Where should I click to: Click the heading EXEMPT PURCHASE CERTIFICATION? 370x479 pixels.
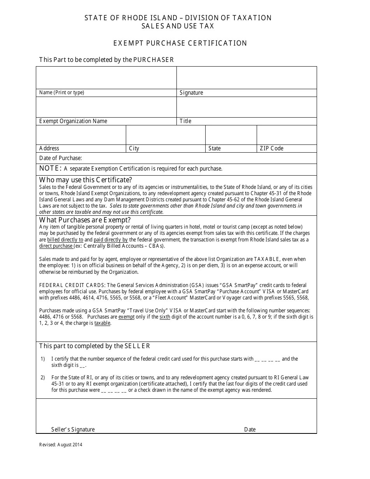[180, 43]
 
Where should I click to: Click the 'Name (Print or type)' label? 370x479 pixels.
[62, 93]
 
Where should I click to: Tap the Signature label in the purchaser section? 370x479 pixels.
[191, 93]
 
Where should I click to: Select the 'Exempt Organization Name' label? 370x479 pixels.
[73, 121]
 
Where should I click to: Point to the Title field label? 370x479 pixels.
[185, 121]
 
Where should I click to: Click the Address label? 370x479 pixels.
[49, 148]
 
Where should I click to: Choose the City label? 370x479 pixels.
[134, 148]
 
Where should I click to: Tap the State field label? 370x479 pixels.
[214, 148]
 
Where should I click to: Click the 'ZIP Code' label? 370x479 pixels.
[271, 148]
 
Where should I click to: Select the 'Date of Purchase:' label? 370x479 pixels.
[60, 158]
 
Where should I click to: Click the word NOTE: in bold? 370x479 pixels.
[50, 168]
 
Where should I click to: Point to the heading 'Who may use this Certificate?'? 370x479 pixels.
[86, 180]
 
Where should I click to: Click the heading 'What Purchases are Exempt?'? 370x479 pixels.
[85, 220]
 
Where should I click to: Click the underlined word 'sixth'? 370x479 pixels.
[165, 317]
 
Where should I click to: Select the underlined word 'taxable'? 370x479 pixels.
[102, 323]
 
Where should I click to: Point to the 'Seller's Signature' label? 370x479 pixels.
[73, 430]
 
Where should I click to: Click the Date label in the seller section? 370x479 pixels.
[250, 430]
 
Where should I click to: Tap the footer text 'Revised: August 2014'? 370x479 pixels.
[61, 445]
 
